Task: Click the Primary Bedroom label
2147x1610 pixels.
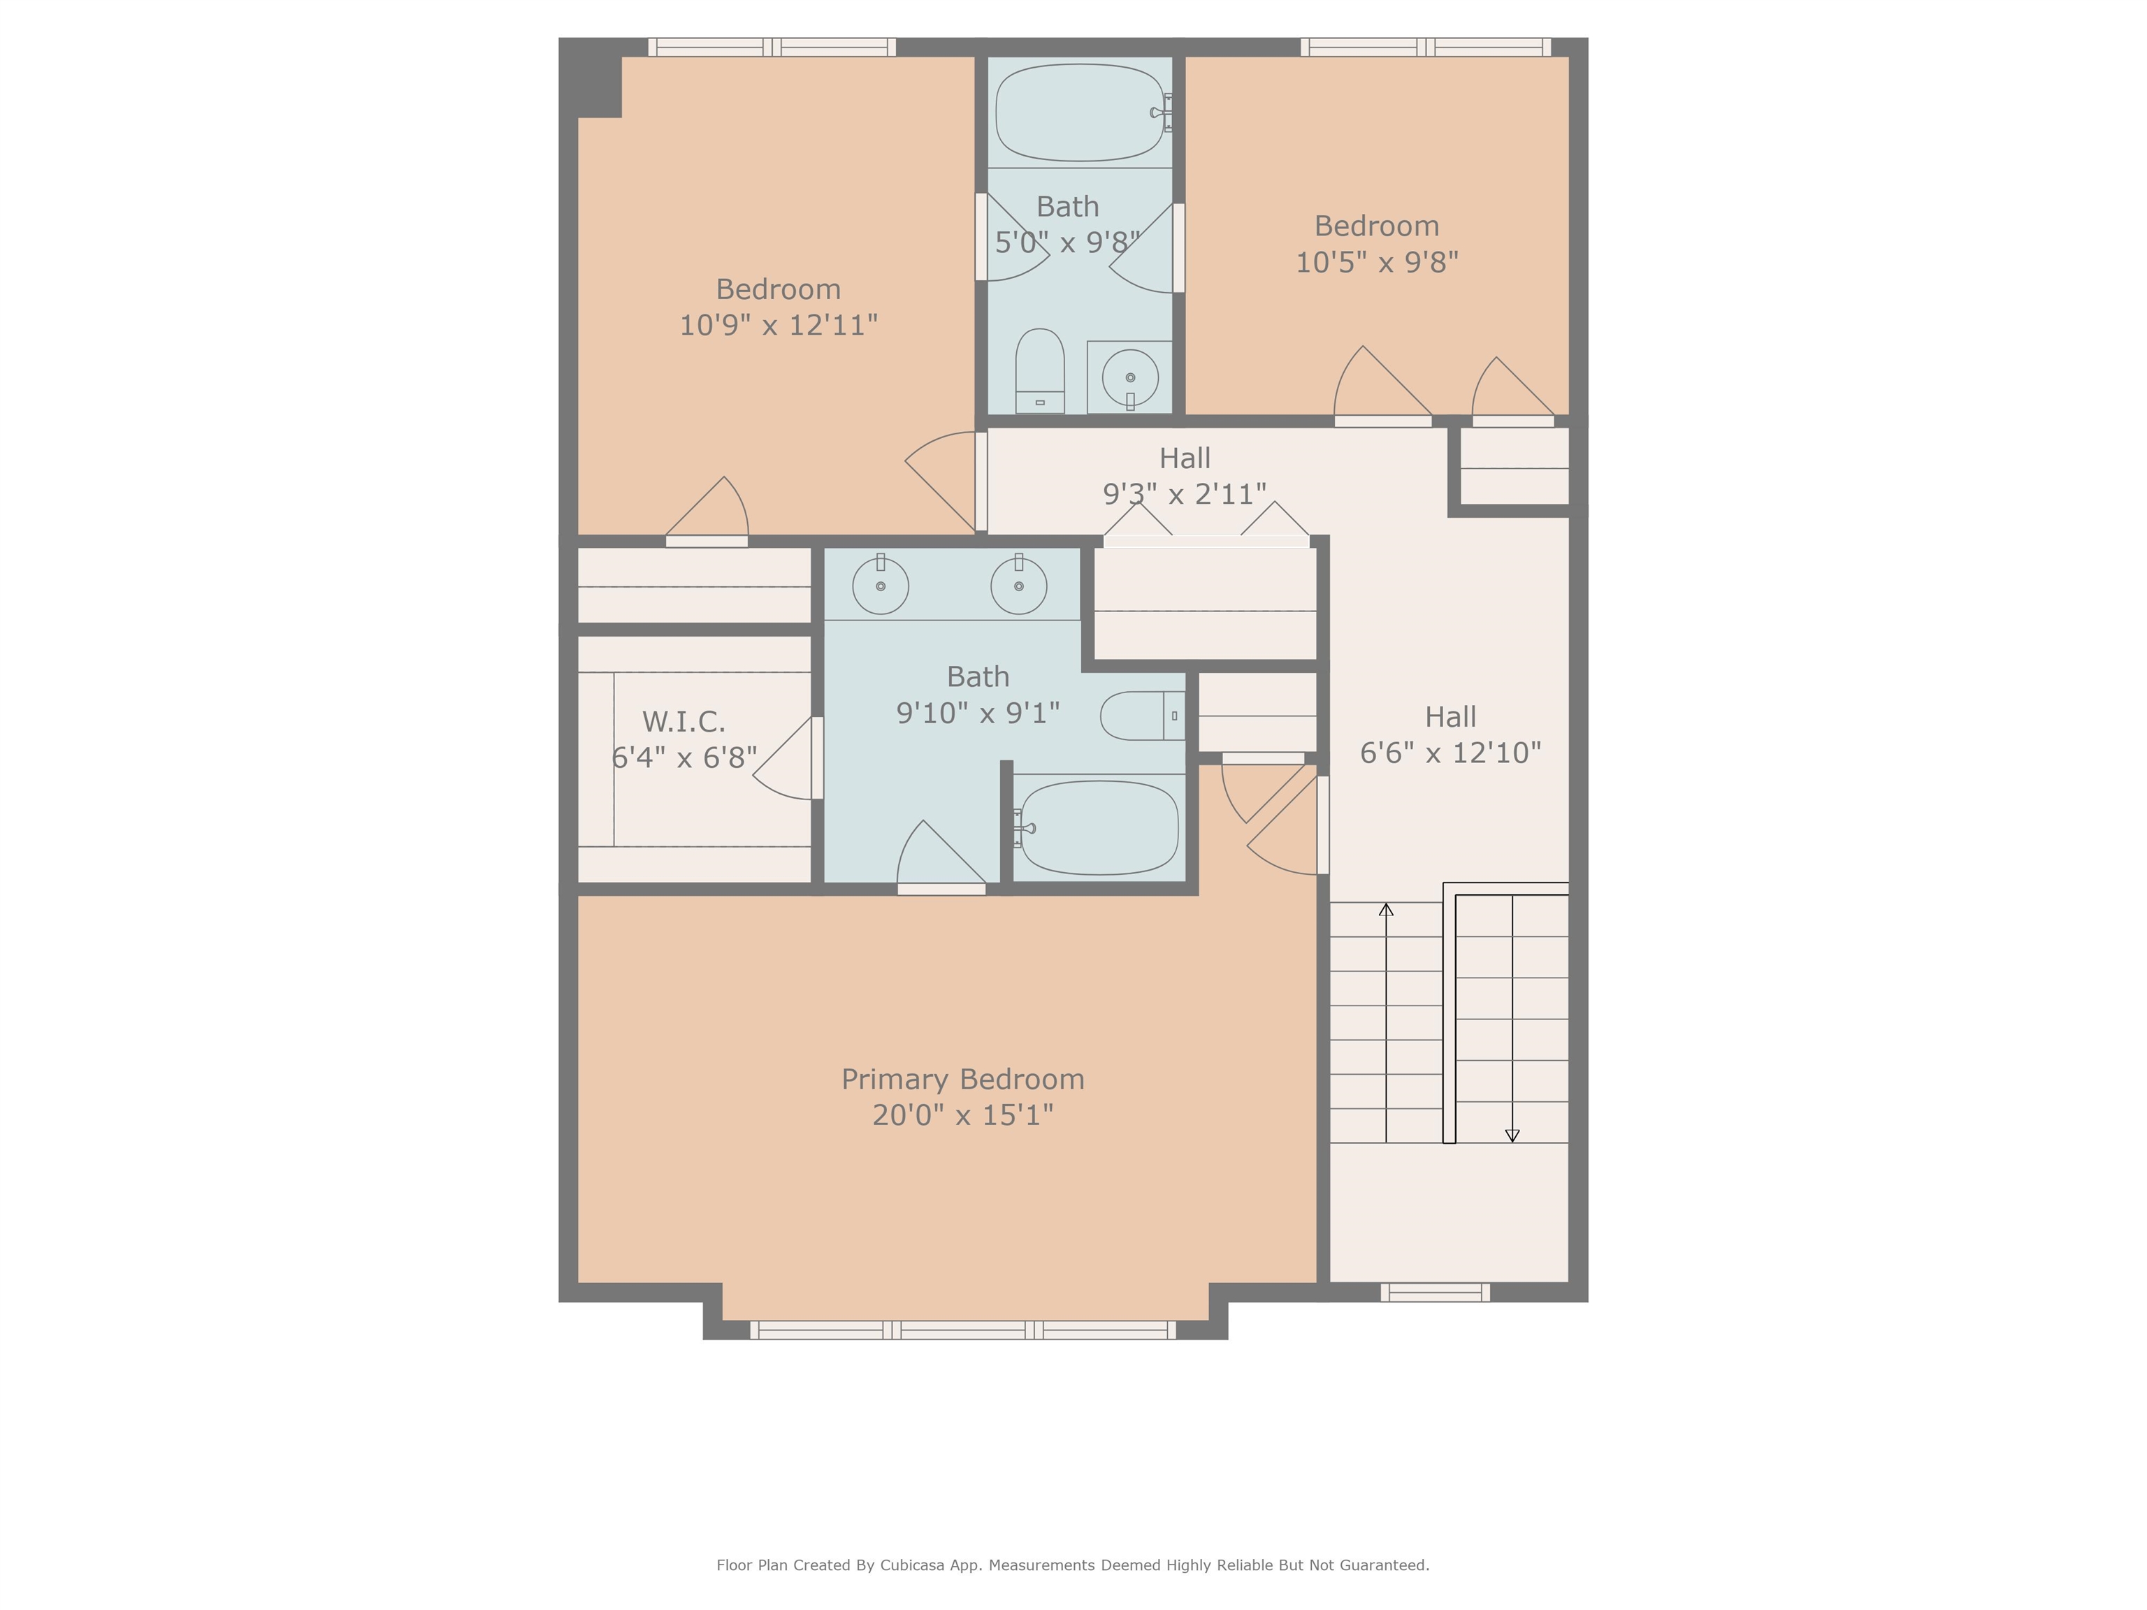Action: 963,1079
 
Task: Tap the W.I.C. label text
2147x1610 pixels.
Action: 684,722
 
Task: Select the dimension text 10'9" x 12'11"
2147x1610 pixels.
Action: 779,325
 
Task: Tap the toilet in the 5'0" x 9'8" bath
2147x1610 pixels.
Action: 1039,372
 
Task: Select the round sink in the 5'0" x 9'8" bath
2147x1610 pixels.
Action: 1130,377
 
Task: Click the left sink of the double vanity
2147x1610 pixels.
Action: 881,585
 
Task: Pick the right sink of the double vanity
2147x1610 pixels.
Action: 1018,585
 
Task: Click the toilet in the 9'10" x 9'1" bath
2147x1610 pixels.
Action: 1143,716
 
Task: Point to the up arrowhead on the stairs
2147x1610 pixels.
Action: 1386,909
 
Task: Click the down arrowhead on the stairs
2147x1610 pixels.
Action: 1511,1136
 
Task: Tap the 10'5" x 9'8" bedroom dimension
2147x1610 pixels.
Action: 1376,262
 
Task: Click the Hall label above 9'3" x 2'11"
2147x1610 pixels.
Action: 1184,458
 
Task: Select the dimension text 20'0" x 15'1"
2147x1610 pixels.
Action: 963,1115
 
